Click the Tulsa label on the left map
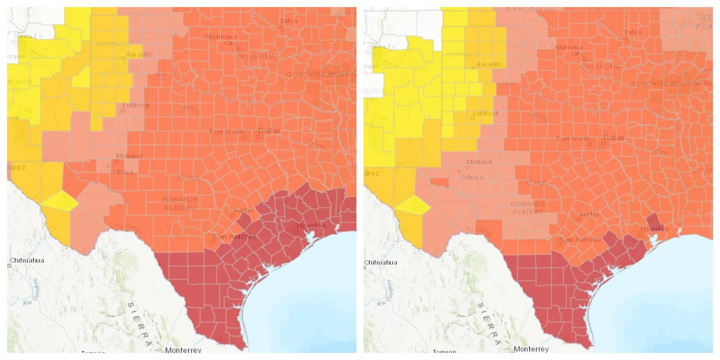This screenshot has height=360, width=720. click(x=288, y=21)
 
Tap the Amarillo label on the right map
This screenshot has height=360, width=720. click(x=489, y=65)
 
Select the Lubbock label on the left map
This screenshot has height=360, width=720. click(x=136, y=105)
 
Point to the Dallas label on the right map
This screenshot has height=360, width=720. click(x=614, y=138)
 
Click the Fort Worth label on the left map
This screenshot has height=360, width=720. click(x=226, y=132)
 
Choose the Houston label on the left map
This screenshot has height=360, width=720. click(x=311, y=226)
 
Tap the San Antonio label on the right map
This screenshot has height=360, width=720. click(x=580, y=239)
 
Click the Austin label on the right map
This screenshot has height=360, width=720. click(x=589, y=214)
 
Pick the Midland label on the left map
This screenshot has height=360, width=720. click(x=129, y=156)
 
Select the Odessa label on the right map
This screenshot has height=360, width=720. click(x=471, y=177)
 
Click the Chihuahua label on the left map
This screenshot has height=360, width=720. click(x=27, y=261)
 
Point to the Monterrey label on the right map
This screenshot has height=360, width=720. click(x=531, y=349)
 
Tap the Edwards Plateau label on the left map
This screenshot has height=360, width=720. click(x=180, y=204)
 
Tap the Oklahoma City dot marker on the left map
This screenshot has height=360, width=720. click(x=238, y=49)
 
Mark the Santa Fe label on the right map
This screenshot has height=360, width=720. click(x=381, y=47)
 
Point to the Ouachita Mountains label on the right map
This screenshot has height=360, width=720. click(x=671, y=84)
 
